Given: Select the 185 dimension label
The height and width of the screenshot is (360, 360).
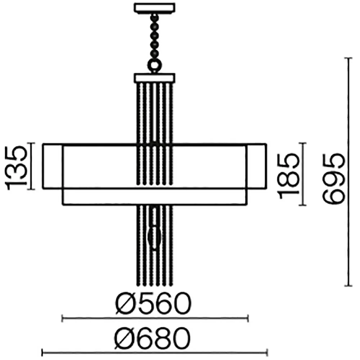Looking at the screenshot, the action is pyautogui.click(x=288, y=176).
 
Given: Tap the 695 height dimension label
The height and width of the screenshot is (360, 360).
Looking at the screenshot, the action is pyautogui.click(x=334, y=179).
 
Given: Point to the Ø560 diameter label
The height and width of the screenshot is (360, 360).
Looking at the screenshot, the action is pyautogui.click(x=153, y=303).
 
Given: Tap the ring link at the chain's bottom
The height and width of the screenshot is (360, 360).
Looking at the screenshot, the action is pyautogui.click(x=154, y=66).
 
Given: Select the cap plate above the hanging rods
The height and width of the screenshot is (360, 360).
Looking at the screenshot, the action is pyautogui.click(x=154, y=78).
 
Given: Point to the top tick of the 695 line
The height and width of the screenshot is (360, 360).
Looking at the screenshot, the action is pyautogui.click(x=348, y=58).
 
